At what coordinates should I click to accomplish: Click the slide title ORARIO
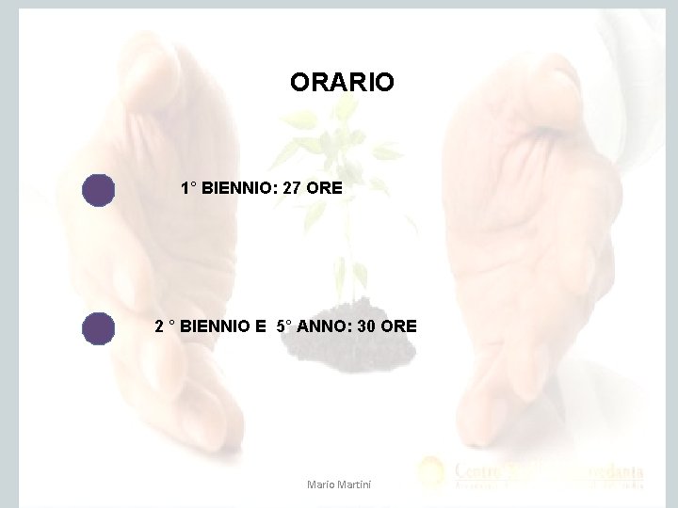click(x=342, y=83)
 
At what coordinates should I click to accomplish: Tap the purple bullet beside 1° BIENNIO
click(x=97, y=189)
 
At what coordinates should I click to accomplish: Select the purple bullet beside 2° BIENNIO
click(x=97, y=328)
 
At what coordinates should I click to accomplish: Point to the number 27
click(x=292, y=188)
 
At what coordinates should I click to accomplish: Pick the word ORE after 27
click(x=325, y=188)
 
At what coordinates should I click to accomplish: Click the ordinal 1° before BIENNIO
click(x=188, y=188)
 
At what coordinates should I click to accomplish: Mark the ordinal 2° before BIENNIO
click(x=164, y=327)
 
